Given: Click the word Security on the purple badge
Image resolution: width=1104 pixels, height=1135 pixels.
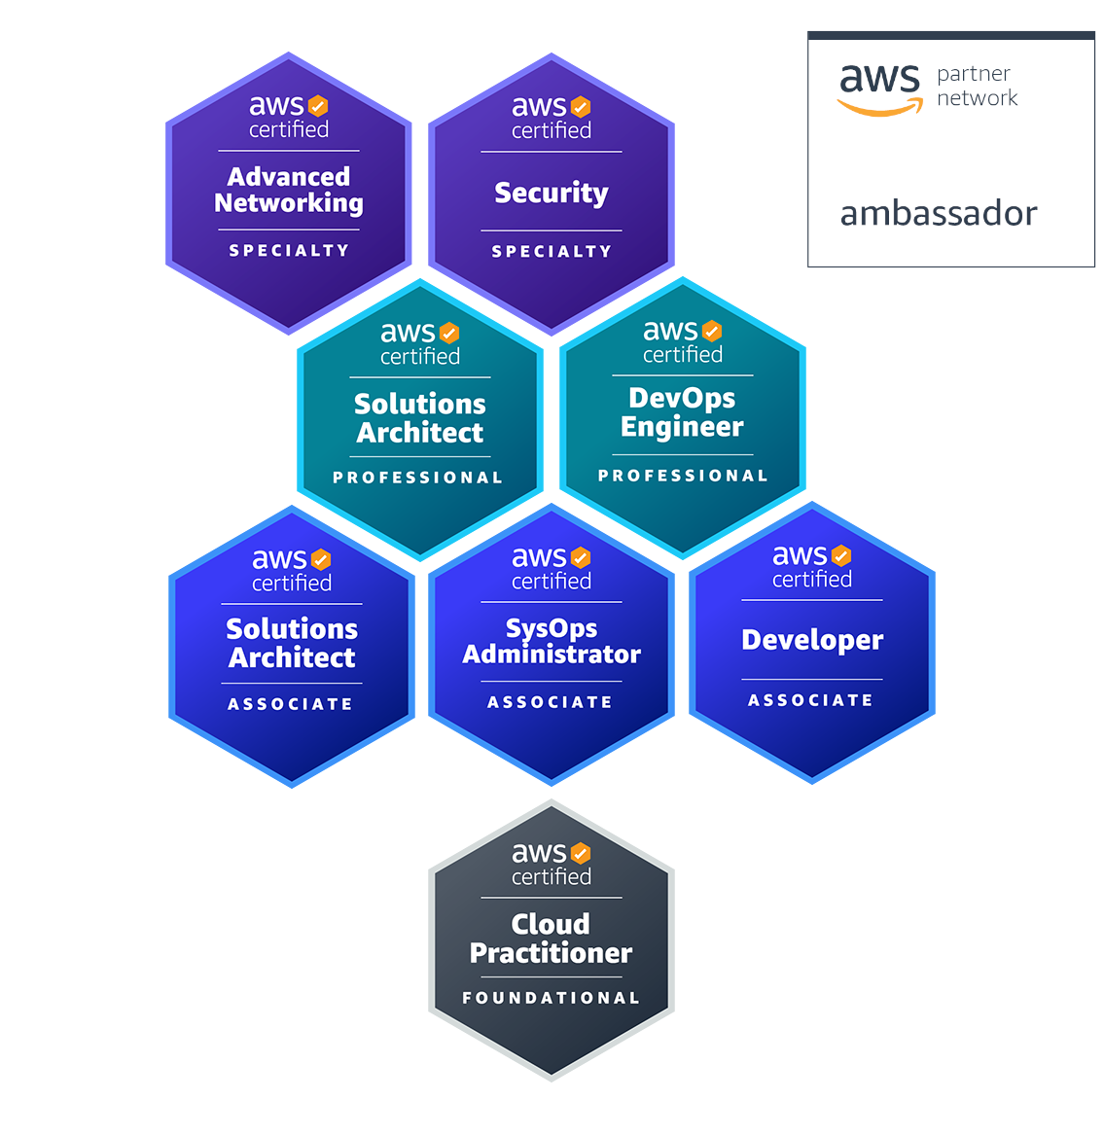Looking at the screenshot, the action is point(551,194).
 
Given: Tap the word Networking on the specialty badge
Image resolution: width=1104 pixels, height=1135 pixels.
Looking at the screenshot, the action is point(289,203).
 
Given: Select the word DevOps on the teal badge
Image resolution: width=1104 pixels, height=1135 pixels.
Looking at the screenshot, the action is point(682,399).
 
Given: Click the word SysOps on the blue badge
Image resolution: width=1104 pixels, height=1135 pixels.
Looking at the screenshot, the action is point(552,629).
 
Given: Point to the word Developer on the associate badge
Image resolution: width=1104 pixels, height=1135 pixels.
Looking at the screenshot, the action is point(812,641).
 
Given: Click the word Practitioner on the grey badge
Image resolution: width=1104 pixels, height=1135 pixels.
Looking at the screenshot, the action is point(551,953).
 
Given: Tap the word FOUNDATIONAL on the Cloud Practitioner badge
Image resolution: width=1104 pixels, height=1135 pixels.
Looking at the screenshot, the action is point(551,998).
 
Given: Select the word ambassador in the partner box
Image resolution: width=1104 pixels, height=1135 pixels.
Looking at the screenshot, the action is point(939,214).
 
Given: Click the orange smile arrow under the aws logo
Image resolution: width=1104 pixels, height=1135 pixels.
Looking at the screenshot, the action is point(880,108).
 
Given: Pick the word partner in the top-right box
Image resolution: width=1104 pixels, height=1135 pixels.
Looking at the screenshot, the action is point(973,75).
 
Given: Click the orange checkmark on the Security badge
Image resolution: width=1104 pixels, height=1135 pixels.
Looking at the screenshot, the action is point(581,107).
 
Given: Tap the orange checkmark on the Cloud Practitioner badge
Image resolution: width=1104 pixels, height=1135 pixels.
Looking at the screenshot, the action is point(581,853).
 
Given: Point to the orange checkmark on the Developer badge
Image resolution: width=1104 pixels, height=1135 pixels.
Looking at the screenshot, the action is point(841,556).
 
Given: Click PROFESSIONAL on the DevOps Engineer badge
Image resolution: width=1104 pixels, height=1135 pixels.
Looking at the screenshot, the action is point(682,476).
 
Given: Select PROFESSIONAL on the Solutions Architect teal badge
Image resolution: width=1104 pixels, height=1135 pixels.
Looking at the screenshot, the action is point(417,478).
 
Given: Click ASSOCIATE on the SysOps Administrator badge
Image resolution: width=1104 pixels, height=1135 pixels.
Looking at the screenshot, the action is point(551,702).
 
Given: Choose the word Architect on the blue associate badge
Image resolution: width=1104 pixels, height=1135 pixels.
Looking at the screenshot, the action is point(292,658).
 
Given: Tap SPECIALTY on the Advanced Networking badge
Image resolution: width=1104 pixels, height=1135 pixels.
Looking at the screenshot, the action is point(289,251).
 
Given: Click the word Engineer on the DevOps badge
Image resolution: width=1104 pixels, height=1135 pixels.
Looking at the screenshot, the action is point(682,427).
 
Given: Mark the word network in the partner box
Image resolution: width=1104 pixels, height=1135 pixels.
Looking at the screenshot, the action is point(978,97).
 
